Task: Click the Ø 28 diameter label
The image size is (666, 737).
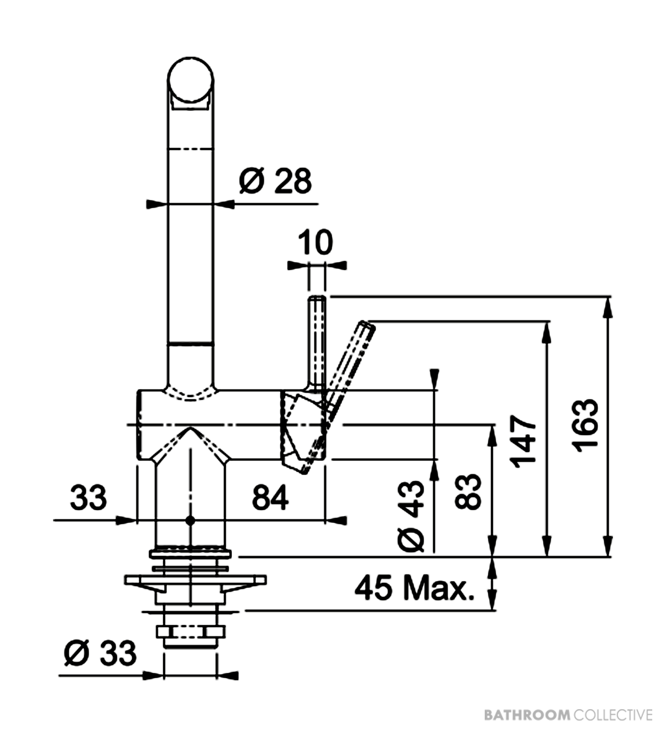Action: point(275,181)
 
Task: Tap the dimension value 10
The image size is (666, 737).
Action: point(316,242)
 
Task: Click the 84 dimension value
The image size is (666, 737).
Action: point(271,498)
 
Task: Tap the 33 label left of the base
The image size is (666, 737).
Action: point(88,498)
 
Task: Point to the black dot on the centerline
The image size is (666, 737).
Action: point(190,520)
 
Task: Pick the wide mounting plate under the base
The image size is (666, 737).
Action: point(195,580)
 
